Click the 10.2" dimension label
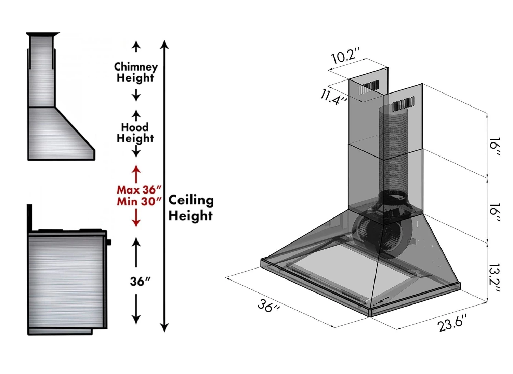pyautogui.click(x=345, y=55)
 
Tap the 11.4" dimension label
pyautogui.click(x=334, y=96)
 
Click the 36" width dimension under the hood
pyautogui.click(x=269, y=305)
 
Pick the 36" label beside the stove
pyautogui.click(x=140, y=282)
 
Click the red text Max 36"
pyautogui.click(x=139, y=189)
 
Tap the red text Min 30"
pyautogui.click(x=139, y=201)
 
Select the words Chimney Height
pyautogui.click(x=136, y=72)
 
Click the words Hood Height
pyautogui.click(x=135, y=133)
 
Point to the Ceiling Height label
pyautogui.click(x=191, y=208)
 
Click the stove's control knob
pyautogui.click(x=109, y=242)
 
